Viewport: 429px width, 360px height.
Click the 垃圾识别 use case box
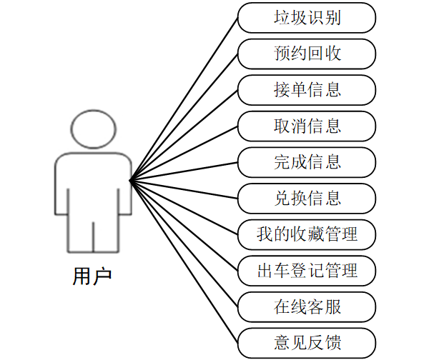coord(307,18)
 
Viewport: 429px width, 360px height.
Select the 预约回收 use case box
coord(307,54)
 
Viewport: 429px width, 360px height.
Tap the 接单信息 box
coord(307,90)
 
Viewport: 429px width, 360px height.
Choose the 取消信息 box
coord(307,126)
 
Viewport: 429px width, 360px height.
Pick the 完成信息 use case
coord(307,162)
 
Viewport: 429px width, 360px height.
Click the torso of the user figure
coord(93,186)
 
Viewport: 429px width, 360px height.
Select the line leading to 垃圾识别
coord(184,99)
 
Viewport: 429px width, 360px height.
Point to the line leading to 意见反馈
coord(184,262)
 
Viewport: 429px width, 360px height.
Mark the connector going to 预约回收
coord(184,117)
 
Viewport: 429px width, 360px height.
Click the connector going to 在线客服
coord(184,244)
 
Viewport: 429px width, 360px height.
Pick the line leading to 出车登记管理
coord(184,226)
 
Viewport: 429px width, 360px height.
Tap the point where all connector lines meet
coord(130,180)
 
